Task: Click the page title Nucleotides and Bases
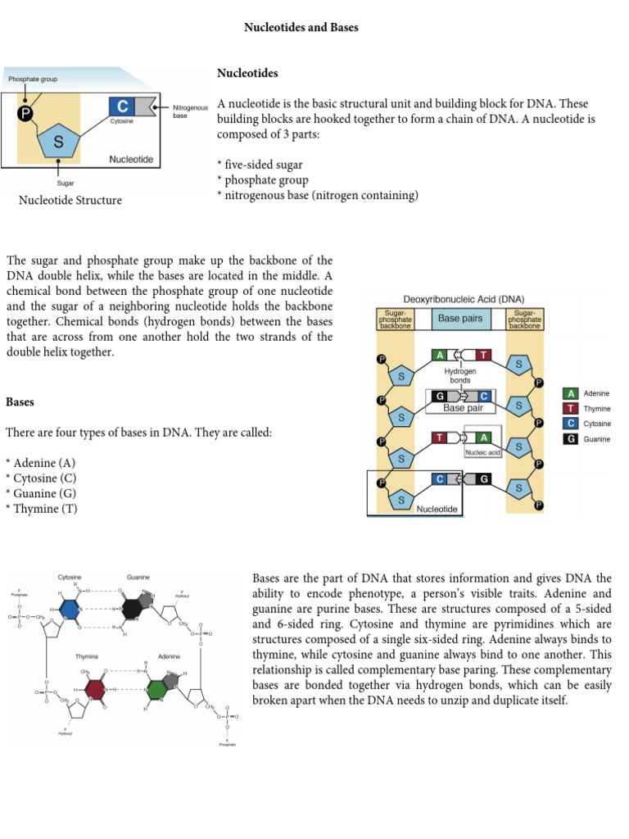click(x=301, y=28)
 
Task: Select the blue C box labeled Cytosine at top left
click(x=122, y=106)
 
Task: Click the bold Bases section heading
click(x=21, y=402)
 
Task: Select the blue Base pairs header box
click(x=460, y=319)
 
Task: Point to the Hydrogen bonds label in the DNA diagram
click(x=460, y=375)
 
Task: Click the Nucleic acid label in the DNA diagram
click(x=482, y=451)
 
